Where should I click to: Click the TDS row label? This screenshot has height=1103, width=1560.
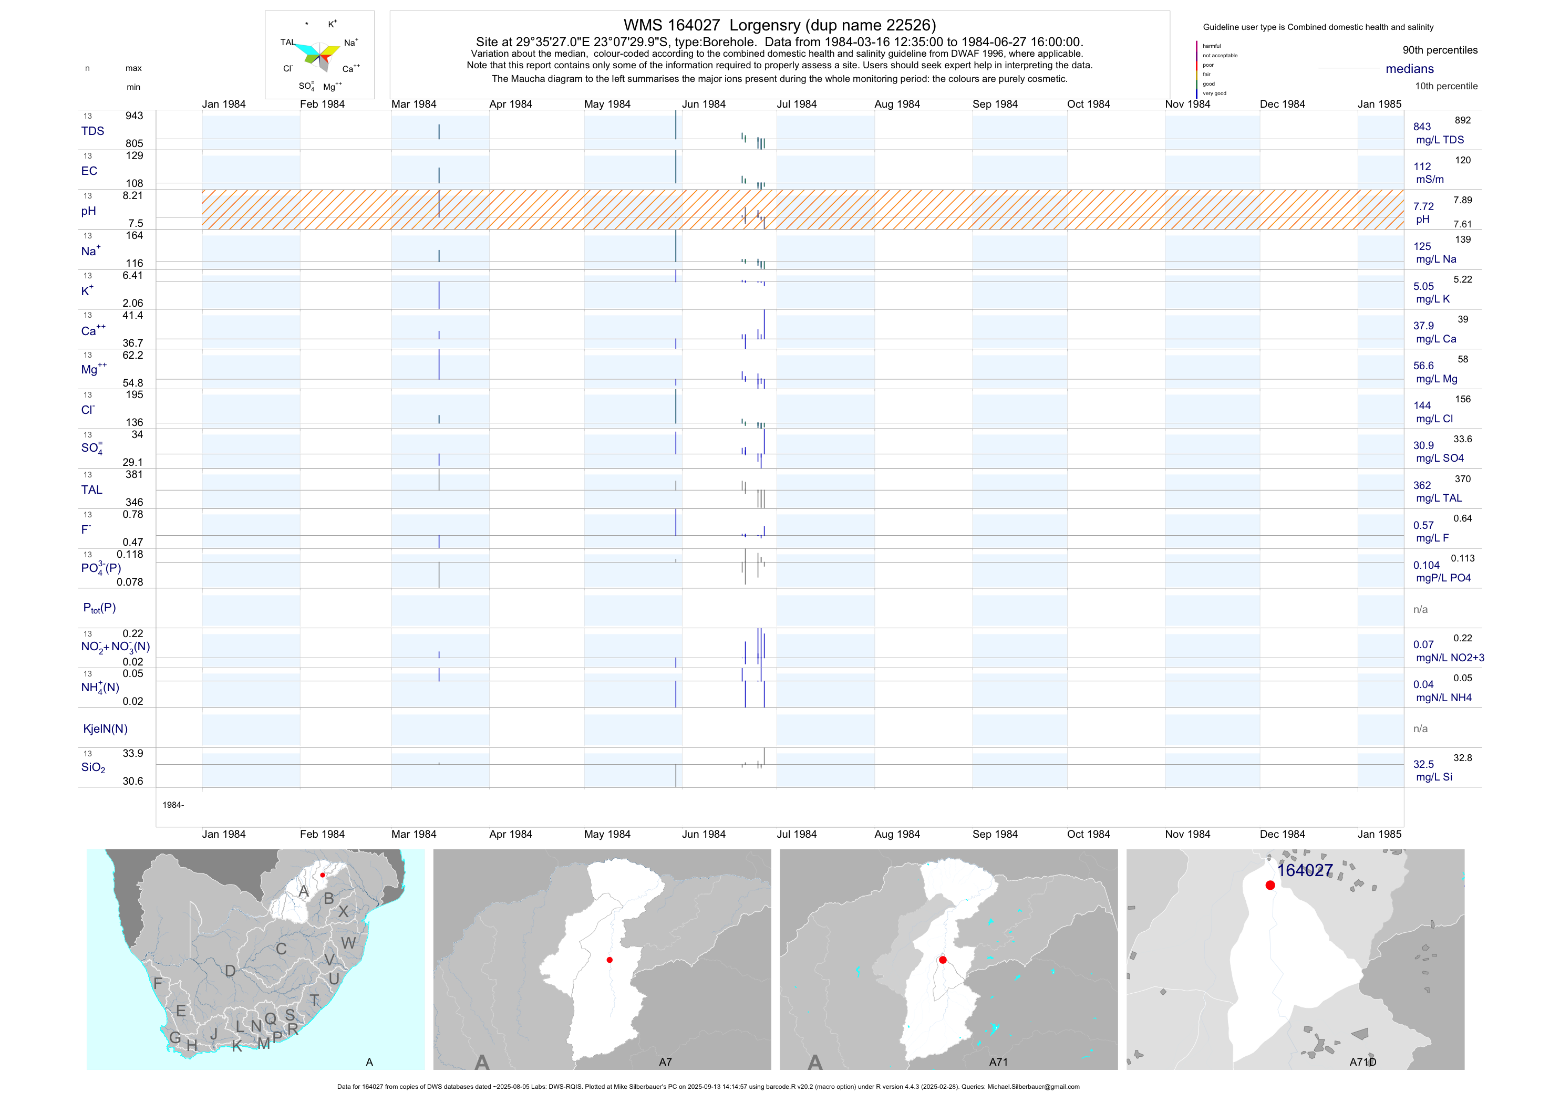point(92,131)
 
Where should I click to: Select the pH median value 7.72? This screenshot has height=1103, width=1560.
point(1423,206)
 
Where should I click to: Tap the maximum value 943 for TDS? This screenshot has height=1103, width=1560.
point(134,116)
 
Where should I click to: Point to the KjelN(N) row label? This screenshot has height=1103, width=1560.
point(105,729)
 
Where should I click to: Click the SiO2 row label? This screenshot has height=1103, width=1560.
point(93,767)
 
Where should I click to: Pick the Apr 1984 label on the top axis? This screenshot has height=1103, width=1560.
point(510,105)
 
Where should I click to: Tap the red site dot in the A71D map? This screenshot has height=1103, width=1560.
point(1270,885)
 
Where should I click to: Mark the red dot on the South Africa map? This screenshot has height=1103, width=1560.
point(322,875)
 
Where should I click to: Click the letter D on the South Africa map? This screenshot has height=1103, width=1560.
point(230,971)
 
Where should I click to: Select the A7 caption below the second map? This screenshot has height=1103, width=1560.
point(665,1062)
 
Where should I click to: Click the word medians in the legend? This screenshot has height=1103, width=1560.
point(1409,69)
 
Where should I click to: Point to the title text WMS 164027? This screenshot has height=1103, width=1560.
point(671,26)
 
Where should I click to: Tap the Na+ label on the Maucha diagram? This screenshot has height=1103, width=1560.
point(350,43)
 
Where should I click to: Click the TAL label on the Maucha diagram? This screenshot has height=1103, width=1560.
point(288,42)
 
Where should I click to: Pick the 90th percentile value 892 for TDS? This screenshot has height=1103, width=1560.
point(1462,120)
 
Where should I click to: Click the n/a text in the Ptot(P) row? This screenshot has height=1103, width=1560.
point(1420,609)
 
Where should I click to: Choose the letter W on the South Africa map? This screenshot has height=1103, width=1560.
point(348,943)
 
